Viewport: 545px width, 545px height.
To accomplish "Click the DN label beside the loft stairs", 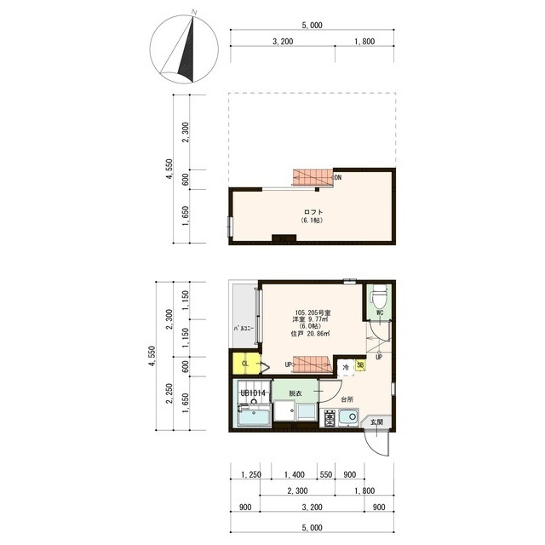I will pos(337,178).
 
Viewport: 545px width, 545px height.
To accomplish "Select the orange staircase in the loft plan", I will pos(313,177).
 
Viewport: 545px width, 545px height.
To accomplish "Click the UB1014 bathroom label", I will pos(254,393).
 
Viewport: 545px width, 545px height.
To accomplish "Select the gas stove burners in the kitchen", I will pos(329,418).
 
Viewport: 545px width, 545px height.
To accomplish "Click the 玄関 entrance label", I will pos(376,422).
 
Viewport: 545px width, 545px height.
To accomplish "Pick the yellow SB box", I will pos(361,365).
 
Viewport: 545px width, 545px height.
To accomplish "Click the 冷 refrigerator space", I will pos(346,366).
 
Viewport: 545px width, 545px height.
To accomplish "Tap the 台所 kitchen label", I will pos(347,399).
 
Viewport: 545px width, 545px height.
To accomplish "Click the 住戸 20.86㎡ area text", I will pos(312,333).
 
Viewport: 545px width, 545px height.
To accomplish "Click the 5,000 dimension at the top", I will pos(312,26).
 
